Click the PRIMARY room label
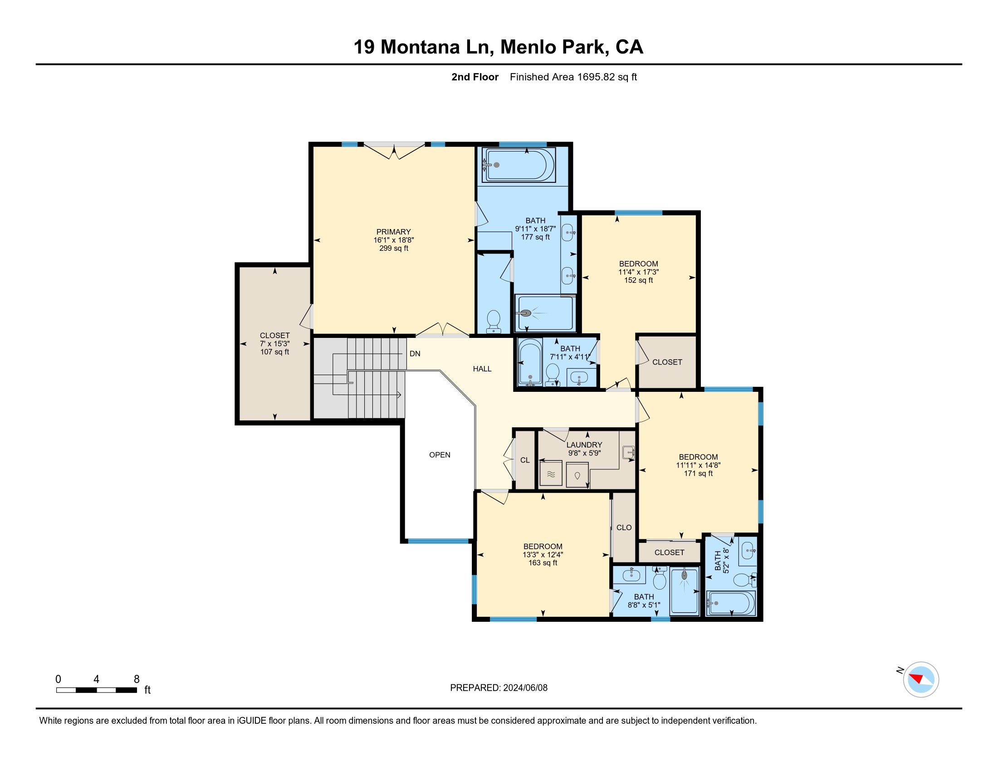tap(393, 232)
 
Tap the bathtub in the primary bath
tap(519, 165)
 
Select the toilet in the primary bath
tap(494, 322)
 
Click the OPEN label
tap(440, 455)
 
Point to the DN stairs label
tap(415, 354)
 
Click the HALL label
tap(482, 369)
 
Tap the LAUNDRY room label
tap(584, 445)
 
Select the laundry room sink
tap(629, 453)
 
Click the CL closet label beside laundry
tap(525, 460)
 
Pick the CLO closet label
tap(624, 527)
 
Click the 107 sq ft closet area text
tap(274, 351)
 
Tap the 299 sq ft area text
tap(393, 248)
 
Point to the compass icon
tap(921, 679)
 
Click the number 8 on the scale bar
tap(136, 679)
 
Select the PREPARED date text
tap(499, 688)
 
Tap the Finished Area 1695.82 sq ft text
tap(573, 77)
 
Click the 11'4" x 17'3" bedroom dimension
tap(638, 272)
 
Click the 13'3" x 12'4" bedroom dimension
tap(543, 555)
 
